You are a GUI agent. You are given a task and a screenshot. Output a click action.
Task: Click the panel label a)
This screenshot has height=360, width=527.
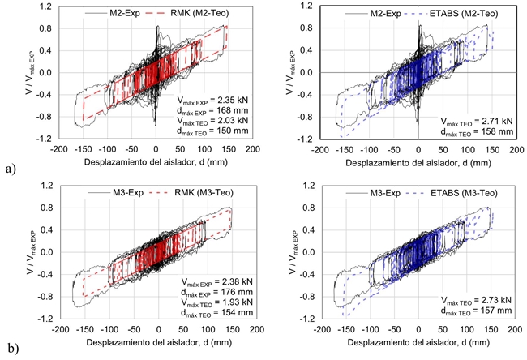[10, 169]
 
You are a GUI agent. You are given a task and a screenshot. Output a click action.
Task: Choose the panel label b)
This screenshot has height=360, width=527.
[10, 349]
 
